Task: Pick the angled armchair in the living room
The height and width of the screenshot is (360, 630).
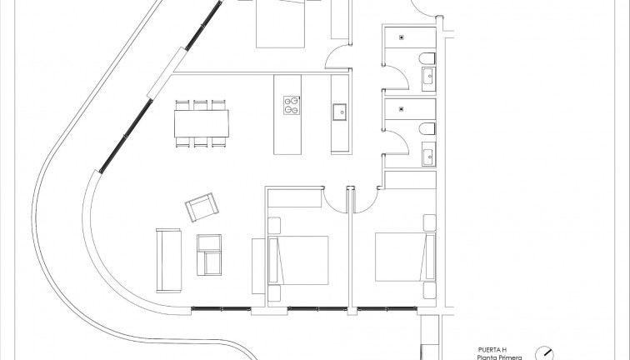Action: tap(202, 207)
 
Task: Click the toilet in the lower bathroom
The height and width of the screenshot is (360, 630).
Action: tap(427, 129)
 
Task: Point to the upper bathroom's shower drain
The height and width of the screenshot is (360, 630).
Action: tap(402, 37)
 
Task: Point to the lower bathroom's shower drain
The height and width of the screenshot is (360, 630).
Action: tap(402, 107)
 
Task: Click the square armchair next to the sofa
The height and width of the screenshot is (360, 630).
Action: tap(210, 254)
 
